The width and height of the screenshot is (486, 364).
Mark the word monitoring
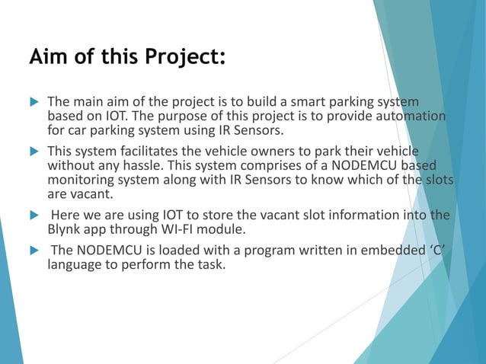coord(82,179)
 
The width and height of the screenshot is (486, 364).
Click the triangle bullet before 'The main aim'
coord(32,102)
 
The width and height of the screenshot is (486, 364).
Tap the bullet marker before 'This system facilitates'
coord(32,151)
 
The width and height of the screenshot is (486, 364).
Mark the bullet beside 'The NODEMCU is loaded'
coord(32,251)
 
